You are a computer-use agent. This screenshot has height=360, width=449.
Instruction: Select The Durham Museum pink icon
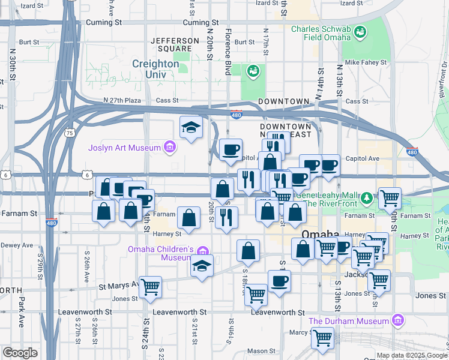pos(396,321)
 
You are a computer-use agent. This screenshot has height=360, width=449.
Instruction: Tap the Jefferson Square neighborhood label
pos(175,44)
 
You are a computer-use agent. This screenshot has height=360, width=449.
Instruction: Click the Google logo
pos(20,353)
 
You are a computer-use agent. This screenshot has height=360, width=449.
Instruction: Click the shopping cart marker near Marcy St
pos(322,338)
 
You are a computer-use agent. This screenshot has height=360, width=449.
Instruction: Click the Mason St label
pos(261,351)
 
